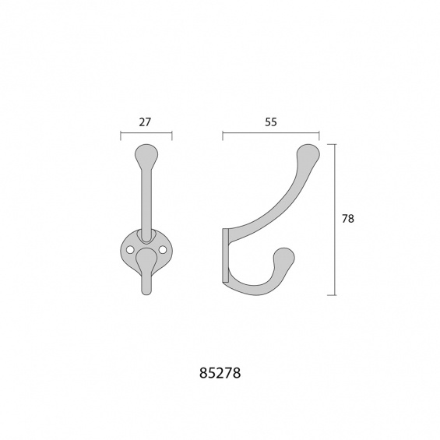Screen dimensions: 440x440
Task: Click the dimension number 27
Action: (x=145, y=122)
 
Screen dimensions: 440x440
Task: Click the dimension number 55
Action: (x=271, y=122)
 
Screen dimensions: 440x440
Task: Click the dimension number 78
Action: (x=348, y=219)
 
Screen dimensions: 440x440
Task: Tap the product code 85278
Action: (x=220, y=373)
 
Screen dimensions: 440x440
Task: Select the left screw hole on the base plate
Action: (x=129, y=249)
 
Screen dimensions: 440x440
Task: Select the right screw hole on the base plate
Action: (x=163, y=249)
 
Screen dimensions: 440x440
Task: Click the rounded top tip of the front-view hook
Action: (x=146, y=149)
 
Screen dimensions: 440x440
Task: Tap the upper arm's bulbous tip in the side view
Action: (x=308, y=153)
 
